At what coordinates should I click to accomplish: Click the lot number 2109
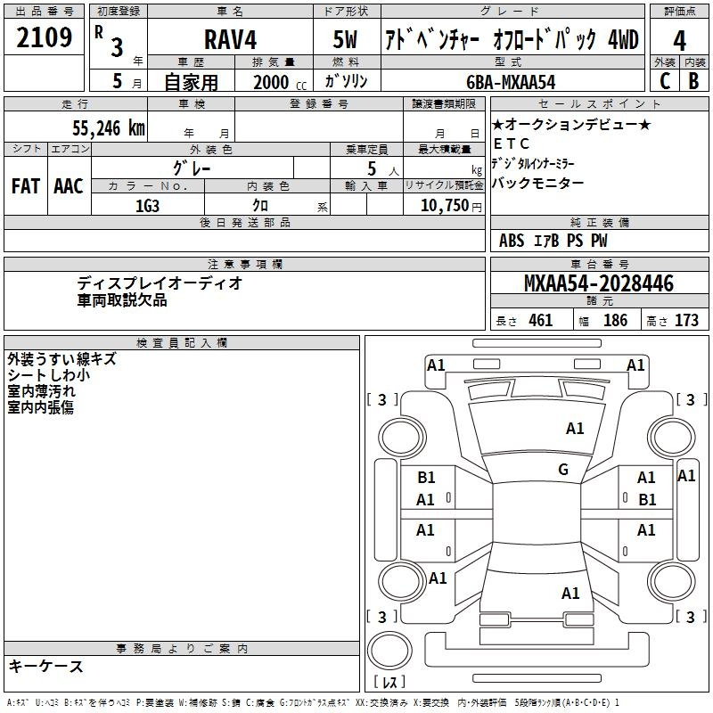pyautogui.click(x=44, y=37)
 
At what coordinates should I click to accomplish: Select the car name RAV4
pyautogui.click(x=230, y=39)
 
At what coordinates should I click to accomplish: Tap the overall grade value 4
pyautogui.click(x=679, y=41)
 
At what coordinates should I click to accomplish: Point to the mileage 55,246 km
pyautogui.click(x=109, y=127)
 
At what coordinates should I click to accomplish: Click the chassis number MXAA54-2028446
pyautogui.click(x=599, y=283)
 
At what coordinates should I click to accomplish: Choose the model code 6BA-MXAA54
pyautogui.click(x=511, y=82)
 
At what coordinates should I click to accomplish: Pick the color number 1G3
pyautogui.click(x=147, y=206)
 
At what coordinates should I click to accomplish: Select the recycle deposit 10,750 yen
pyautogui.click(x=451, y=206)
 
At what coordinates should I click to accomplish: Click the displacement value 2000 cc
pyautogui.click(x=280, y=82)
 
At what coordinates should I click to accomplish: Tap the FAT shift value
pyautogui.click(x=26, y=186)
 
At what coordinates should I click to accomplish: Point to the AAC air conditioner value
pyautogui.click(x=69, y=186)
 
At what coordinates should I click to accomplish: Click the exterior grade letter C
pyautogui.click(x=665, y=81)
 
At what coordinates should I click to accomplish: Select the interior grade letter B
pyautogui.click(x=693, y=81)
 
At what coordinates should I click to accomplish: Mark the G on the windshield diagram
pyautogui.click(x=563, y=470)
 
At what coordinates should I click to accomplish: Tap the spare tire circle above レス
pyautogui.click(x=389, y=651)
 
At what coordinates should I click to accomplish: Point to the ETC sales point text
pyautogui.click(x=512, y=143)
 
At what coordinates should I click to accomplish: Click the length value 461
pyautogui.click(x=541, y=321)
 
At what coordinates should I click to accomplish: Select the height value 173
pyautogui.click(x=686, y=321)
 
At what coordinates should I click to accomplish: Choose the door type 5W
pyautogui.click(x=346, y=39)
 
